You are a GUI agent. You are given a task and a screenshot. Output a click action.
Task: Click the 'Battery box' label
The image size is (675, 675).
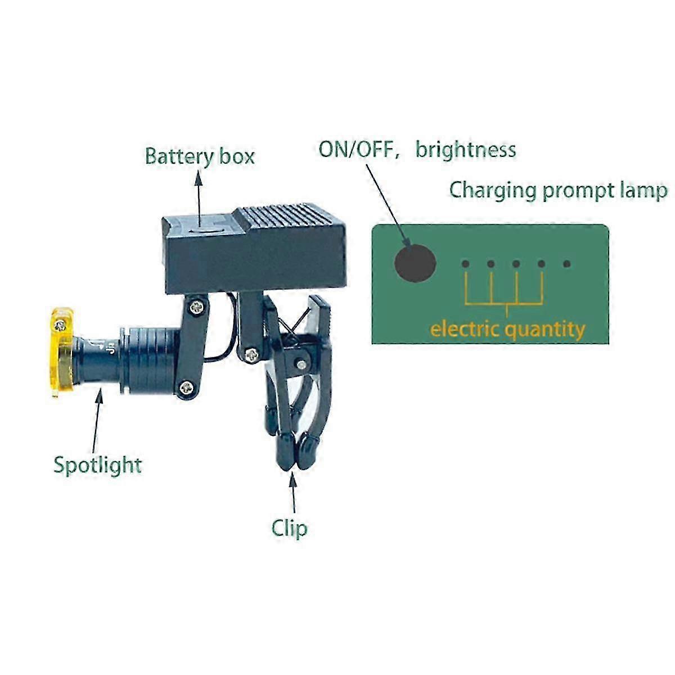click(200, 156)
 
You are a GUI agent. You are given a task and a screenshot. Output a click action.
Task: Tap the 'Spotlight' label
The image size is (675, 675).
click(97, 465)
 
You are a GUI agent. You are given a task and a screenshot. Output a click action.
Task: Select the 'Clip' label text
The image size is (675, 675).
click(290, 528)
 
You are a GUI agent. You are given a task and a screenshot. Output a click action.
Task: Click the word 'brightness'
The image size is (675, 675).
click(466, 150)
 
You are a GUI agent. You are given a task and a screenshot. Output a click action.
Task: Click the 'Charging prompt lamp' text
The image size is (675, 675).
click(558, 191)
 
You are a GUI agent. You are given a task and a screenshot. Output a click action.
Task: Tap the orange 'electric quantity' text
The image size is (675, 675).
click(507, 328)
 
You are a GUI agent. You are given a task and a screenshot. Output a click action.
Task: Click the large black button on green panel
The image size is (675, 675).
click(415, 263)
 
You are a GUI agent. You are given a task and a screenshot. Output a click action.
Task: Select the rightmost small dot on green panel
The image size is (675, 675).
click(566, 264)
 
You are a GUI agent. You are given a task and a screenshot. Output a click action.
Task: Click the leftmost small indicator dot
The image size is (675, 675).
click(465, 264)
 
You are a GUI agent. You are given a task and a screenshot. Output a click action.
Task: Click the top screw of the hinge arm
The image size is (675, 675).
click(197, 307)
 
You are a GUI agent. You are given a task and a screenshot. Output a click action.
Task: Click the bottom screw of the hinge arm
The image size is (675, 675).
click(187, 386)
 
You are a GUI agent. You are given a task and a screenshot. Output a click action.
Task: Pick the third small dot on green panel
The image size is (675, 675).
click(516, 264)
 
